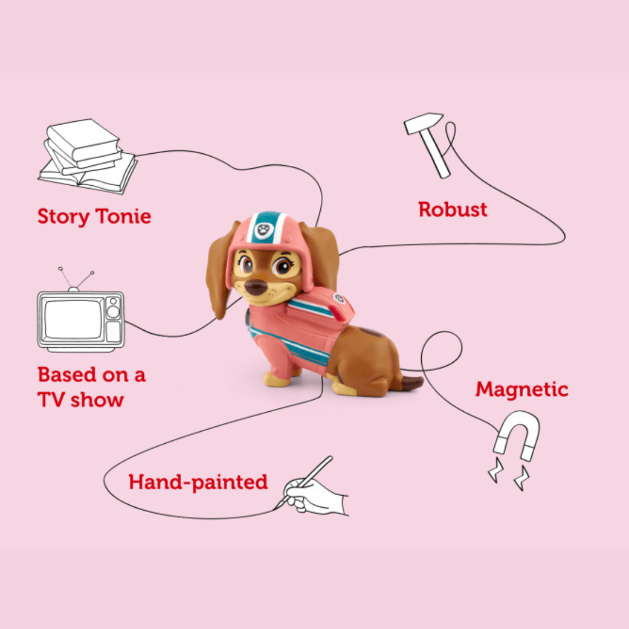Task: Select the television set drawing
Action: tap(80, 320)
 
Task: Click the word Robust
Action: tap(453, 209)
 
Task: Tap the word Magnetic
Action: tap(521, 389)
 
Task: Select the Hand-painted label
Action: tap(198, 482)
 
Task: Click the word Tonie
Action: tap(123, 216)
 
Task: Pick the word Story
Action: tap(62, 216)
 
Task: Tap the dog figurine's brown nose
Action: tap(255, 287)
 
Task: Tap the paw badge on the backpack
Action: tap(338, 299)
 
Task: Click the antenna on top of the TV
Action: tap(75, 278)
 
